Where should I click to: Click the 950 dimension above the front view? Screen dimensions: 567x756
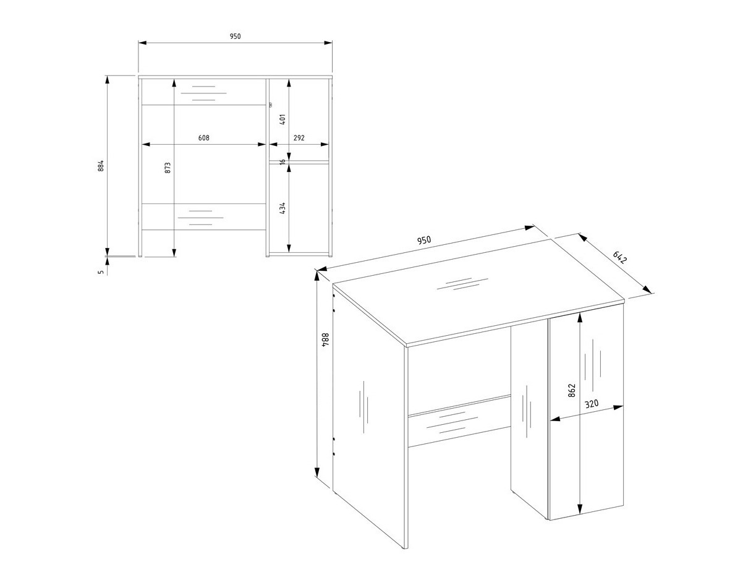[235, 36]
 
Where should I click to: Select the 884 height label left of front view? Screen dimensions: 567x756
[101, 166]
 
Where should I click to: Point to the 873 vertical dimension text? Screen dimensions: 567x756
[168, 167]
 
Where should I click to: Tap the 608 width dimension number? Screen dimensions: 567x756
[203, 138]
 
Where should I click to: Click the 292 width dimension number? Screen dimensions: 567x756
[299, 138]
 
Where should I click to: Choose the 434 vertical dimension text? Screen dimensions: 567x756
[282, 208]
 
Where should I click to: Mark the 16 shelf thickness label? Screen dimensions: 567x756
[282, 162]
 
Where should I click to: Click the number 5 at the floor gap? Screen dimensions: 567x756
[101, 271]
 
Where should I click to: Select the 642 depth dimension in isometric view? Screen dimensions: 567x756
[619, 257]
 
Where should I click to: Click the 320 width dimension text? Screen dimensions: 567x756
[592, 404]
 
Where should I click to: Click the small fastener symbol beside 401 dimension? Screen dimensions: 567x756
[270, 104]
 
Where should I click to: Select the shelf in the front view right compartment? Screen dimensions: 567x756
[299, 163]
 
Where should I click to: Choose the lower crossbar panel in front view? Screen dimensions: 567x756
[203, 216]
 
